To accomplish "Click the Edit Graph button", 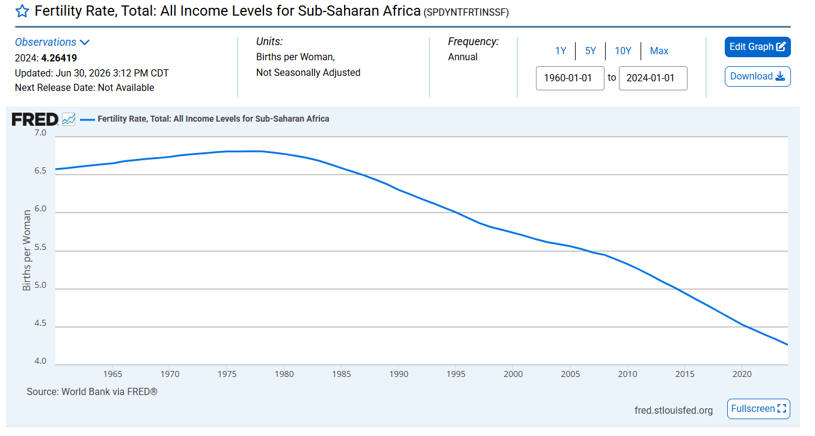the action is point(757,47).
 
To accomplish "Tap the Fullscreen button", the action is point(758,409).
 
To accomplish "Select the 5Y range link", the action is point(590,51).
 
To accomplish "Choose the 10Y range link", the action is point(623,51).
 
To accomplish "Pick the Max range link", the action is point(659,51).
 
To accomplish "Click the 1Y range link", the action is point(561,51).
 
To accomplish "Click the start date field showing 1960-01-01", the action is point(570,78).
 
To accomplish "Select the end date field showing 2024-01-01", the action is point(653,78).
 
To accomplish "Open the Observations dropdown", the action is point(52,42).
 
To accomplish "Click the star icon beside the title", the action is point(22,11).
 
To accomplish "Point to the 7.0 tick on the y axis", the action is point(40,133).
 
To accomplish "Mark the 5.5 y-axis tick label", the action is point(40,248).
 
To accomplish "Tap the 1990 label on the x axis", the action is point(399,374).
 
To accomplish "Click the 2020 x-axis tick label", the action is point(742,374).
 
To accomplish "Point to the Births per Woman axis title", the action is point(26,251).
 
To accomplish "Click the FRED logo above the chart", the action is point(35,119).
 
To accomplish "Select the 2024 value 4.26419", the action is point(59,58).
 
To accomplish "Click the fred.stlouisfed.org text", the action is point(674,411).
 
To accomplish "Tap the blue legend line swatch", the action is point(87,119).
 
